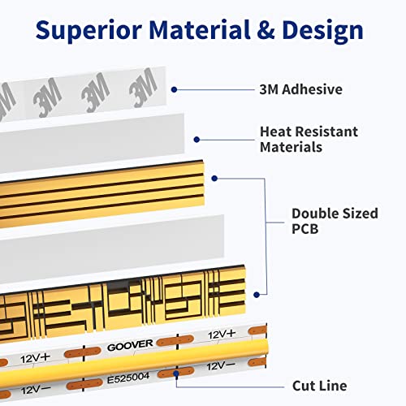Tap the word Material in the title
[199, 30]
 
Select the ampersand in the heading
[266, 30]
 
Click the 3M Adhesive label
[300, 89]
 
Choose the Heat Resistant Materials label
[309, 140]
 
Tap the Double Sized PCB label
[335, 221]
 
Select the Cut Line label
[319, 386]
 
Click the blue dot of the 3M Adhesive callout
[175, 89]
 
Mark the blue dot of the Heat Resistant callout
[197, 140]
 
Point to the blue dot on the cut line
[176, 374]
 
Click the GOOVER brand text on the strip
[130, 345]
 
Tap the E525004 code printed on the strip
[128, 378]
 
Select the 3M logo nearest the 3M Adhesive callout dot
[143, 88]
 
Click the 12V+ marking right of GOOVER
[222, 335]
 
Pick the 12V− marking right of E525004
[221, 366]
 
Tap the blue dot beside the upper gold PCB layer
[214, 179]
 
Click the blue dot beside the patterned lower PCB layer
[257, 295]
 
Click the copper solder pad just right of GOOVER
[175, 341]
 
